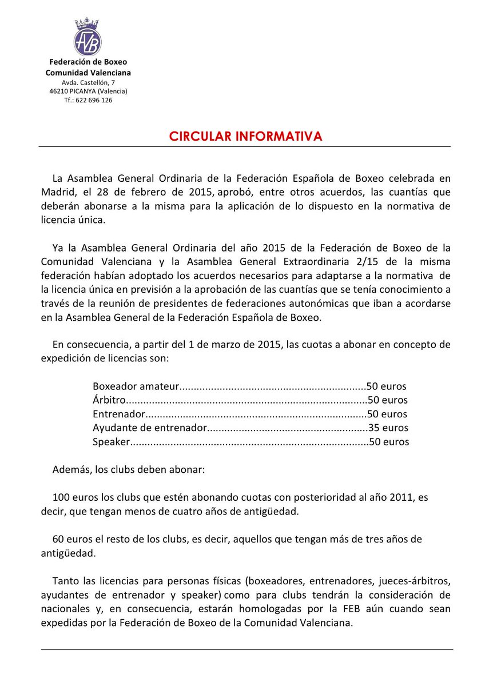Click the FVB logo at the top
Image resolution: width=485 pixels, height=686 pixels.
[x=88, y=41]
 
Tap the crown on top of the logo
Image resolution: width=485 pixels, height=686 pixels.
[x=88, y=23]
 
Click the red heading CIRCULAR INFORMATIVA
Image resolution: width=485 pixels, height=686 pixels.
[x=245, y=136]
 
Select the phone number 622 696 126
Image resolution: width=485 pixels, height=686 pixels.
[x=94, y=100]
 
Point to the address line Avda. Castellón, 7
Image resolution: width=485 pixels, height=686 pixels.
[x=88, y=82]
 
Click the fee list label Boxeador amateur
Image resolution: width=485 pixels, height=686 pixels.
[x=136, y=386]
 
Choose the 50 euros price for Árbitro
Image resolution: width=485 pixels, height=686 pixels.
[x=387, y=400]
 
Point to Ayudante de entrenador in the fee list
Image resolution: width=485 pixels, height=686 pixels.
[x=148, y=428]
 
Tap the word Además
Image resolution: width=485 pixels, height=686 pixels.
[x=71, y=469]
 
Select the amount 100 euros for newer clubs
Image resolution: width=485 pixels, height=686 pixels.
[x=73, y=497]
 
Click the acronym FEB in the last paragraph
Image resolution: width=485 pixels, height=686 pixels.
[x=353, y=609]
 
